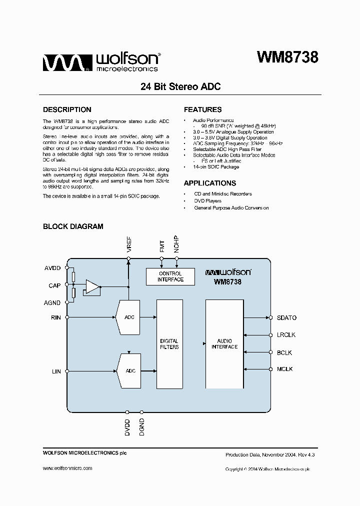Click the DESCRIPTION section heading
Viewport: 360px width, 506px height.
tap(67, 109)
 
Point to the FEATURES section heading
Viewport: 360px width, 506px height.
tap(202, 109)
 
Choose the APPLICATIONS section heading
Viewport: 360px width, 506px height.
tap(209, 183)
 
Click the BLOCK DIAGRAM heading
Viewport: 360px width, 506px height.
tap(73, 226)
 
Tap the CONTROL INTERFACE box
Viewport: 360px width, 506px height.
tap(170, 276)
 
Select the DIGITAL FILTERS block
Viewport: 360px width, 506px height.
tap(169, 344)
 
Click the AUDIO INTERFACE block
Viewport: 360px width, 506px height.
tap(224, 344)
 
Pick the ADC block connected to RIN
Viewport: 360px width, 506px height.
tap(128, 317)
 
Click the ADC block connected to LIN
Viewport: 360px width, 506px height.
tap(128, 371)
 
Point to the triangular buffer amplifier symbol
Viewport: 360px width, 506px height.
tap(92, 287)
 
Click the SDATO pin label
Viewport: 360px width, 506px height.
tap(286, 317)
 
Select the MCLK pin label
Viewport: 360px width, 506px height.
tap(284, 369)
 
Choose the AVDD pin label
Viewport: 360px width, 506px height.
tap(52, 268)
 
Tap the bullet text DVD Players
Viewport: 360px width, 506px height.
tap(208, 200)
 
